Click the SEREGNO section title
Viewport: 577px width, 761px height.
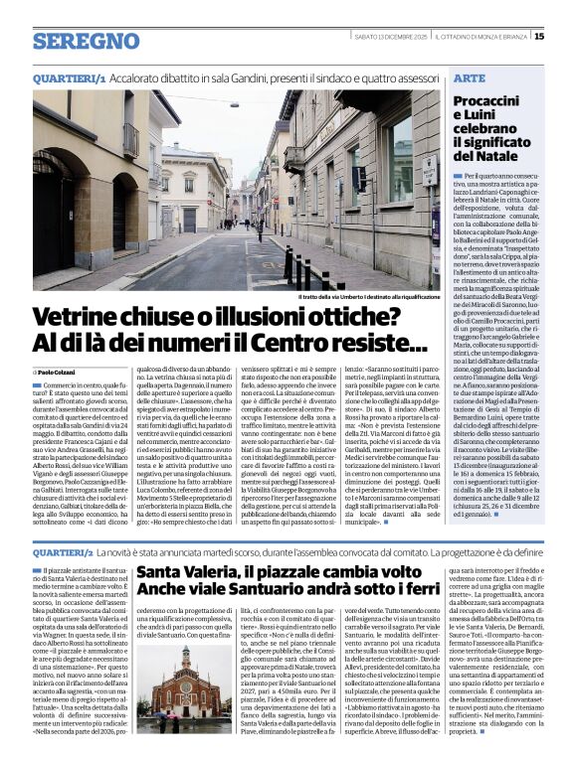coord(86,41)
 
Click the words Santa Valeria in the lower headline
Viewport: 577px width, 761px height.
coord(186,573)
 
